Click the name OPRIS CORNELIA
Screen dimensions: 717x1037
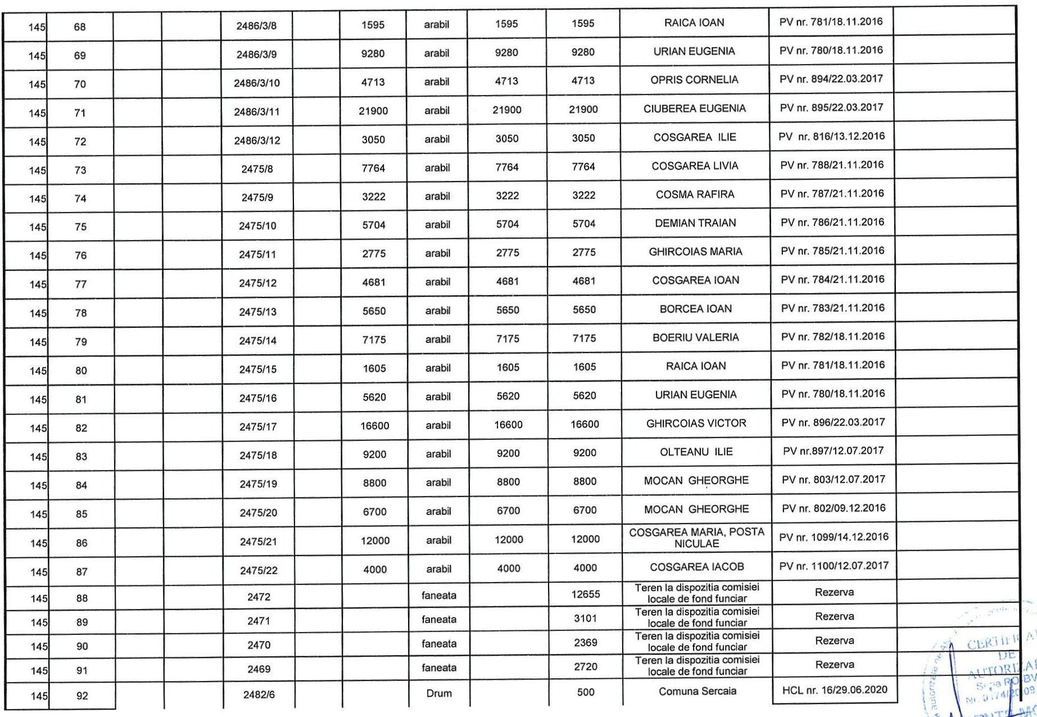pyautogui.click(x=694, y=80)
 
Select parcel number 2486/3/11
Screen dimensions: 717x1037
pyautogui.click(x=256, y=111)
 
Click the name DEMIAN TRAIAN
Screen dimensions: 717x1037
pyautogui.click(x=695, y=223)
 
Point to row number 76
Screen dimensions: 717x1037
pyautogui.click(x=81, y=255)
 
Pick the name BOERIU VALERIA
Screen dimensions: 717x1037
pyautogui.click(x=695, y=337)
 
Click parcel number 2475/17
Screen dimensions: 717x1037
pyautogui.click(x=258, y=427)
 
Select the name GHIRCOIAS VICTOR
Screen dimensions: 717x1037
pyautogui.click(x=696, y=423)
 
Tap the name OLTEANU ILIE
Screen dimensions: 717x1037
pyautogui.click(x=696, y=452)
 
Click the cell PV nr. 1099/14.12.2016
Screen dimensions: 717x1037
pyautogui.click(x=834, y=537)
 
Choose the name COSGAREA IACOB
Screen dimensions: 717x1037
pyautogui.click(x=696, y=567)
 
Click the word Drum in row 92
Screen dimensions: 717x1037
pyautogui.click(x=438, y=693)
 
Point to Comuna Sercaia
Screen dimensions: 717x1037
pyautogui.click(x=697, y=692)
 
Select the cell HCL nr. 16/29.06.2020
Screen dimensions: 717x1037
pyautogui.click(x=835, y=690)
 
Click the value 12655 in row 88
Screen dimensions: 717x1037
pyautogui.click(x=585, y=594)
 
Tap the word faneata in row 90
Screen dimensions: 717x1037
pyautogui.click(x=438, y=643)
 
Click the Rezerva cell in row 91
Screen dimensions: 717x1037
pyautogui.click(x=834, y=665)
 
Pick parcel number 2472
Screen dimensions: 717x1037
pyautogui.click(x=259, y=597)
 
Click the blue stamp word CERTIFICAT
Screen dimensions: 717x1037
pyautogui.click(x=1000, y=642)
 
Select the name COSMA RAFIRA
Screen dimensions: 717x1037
pyautogui.click(x=695, y=195)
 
